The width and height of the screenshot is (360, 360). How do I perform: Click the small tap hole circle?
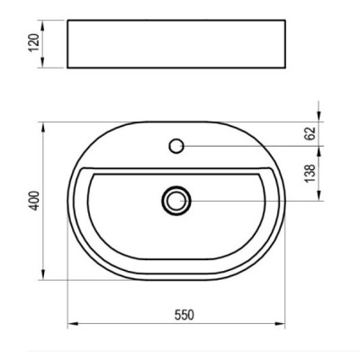pos(176,144)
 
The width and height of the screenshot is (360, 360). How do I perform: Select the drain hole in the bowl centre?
pos(176,200)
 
